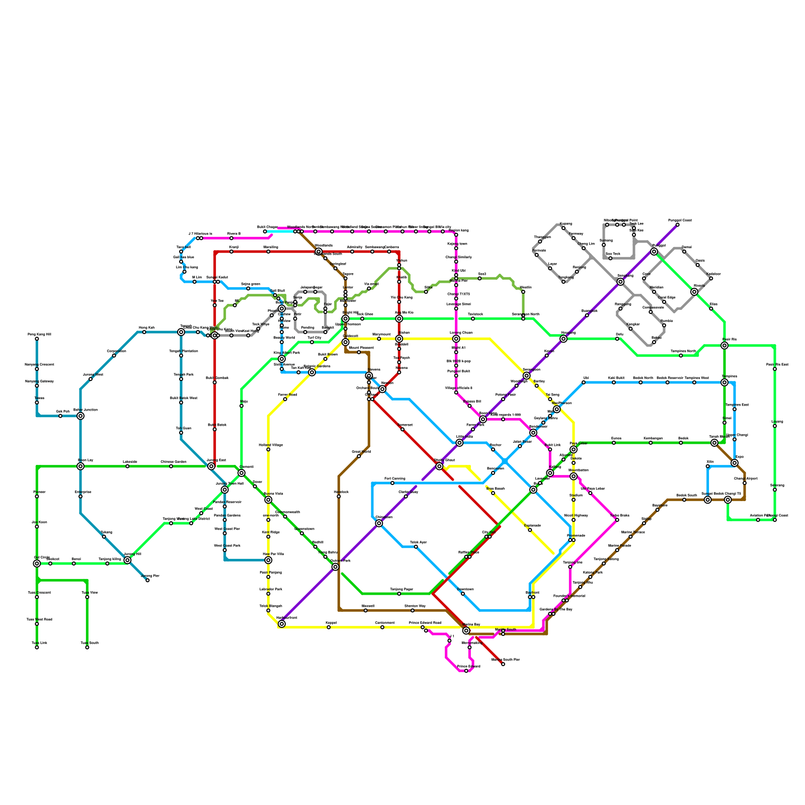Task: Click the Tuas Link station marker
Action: [37, 648]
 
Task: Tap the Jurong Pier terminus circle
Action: [147, 580]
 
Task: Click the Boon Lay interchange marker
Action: [80, 466]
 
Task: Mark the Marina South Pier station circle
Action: [503, 664]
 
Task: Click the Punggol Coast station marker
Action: [677, 224]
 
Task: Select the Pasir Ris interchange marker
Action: [725, 346]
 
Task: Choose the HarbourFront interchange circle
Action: [282, 624]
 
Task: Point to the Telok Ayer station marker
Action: [416, 547]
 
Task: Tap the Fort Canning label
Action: [394, 478]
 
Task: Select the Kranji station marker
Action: [231, 252]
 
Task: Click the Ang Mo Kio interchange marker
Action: [399, 318]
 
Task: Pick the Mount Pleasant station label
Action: [361, 348]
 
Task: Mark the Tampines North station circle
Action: [681, 356]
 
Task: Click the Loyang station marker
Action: [775, 426]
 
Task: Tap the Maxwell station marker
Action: [366, 610]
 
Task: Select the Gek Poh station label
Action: [62, 412]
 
